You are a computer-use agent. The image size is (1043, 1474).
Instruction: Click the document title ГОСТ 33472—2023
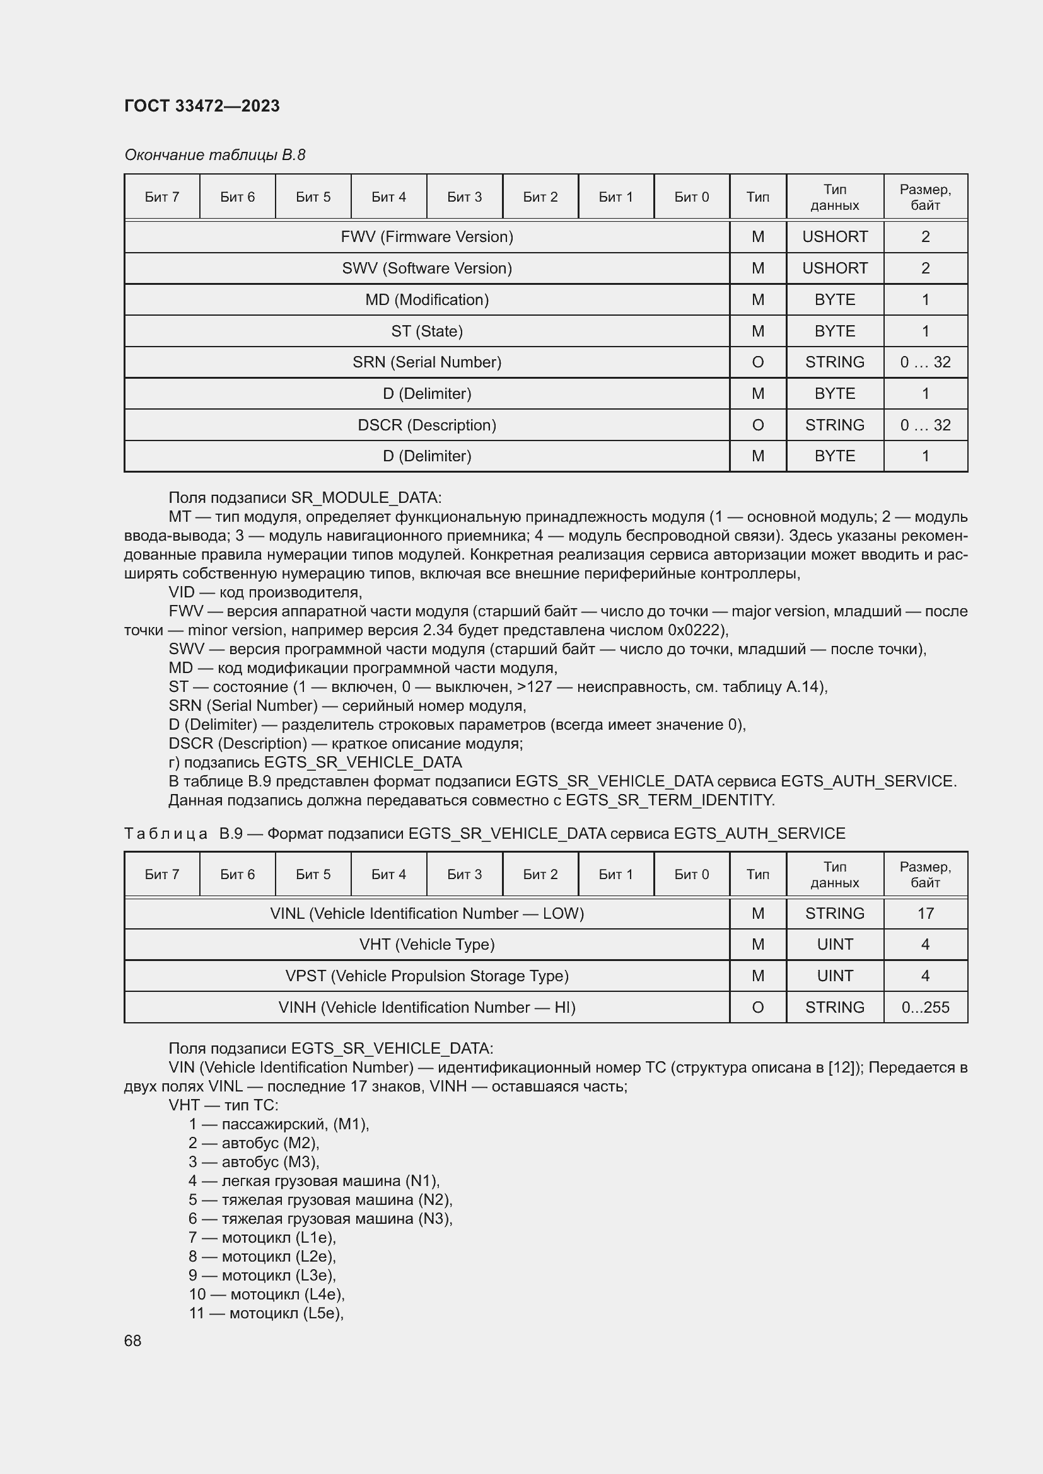pos(202,106)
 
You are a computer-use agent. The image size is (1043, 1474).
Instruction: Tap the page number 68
pos(132,1340)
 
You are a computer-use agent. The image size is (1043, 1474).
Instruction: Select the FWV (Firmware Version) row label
pos(426,237)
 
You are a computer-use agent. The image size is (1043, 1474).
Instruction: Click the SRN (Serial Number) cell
pos(426,362)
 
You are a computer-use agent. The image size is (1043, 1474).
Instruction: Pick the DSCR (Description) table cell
pos(426,425)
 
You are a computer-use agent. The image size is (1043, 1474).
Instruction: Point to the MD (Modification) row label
pos(426,300)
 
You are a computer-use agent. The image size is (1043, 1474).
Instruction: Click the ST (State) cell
pos(426,331)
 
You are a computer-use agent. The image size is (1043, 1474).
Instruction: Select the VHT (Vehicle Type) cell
pos(426,945)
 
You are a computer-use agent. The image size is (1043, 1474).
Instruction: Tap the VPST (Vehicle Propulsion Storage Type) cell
pos(426,976)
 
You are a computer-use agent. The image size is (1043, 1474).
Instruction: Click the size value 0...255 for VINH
pos(925,1007)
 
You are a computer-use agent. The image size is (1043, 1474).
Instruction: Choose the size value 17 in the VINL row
pos(925,913)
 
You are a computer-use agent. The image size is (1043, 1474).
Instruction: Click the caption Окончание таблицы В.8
pos(214,155)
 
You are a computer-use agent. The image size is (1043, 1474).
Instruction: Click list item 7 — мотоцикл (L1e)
pos(262,1237)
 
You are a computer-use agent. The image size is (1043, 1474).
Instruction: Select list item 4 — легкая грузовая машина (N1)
pos(314,1180)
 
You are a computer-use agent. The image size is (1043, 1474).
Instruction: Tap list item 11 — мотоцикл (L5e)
pos(266,1313)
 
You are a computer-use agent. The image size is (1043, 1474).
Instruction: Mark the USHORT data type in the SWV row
pos(834,268)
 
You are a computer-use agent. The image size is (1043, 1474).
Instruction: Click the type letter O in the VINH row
pos(757,1007)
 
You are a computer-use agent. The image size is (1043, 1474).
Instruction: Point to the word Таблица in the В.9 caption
pos(166,833)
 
